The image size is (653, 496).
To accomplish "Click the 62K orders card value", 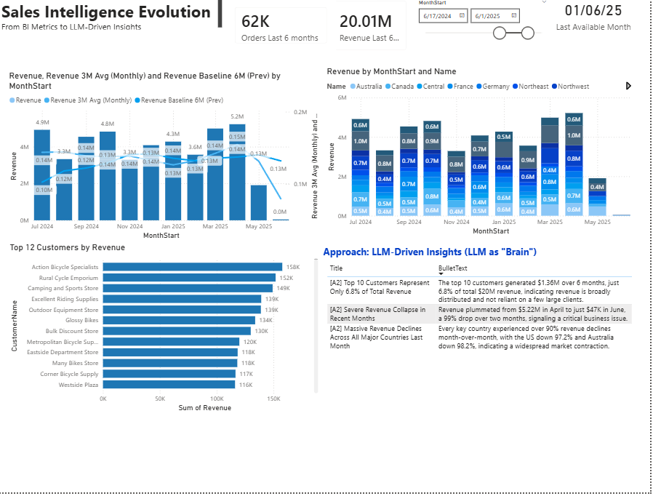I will [255, 21].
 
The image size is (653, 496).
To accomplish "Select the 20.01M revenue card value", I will [366, 21].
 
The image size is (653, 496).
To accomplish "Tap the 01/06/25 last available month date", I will [593, 11].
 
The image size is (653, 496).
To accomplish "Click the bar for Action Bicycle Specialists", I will [192, 267].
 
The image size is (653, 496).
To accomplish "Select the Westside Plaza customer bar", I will [169, 385].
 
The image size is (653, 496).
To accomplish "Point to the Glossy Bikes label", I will [81, 320].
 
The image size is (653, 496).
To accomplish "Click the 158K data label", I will [292, 267].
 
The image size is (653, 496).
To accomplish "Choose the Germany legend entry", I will [495, 87].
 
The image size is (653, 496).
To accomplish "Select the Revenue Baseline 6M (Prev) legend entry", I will [182, 100].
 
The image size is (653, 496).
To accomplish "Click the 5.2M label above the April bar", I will [237, 116].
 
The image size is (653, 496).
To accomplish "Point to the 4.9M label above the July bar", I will [42, 122].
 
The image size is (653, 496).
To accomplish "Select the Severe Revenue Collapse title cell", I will [378, 314].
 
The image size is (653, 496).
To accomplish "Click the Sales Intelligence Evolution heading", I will [106, 12].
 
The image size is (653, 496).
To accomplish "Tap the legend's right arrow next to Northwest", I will [628, 86].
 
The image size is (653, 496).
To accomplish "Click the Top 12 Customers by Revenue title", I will [67, 247].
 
